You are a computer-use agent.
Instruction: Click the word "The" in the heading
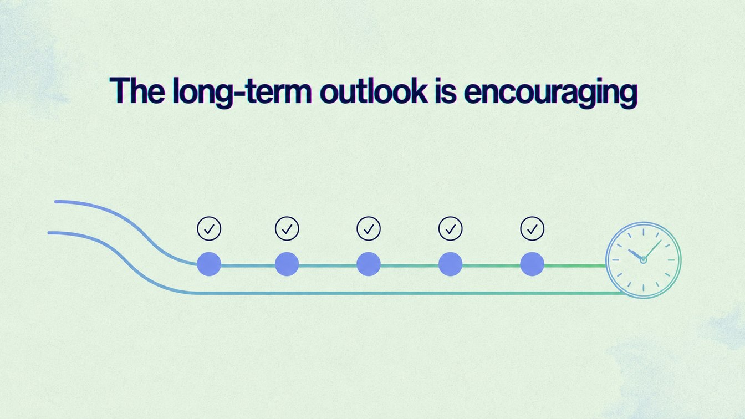(x=137, y=90)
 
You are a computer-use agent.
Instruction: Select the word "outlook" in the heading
(x=374, y=90)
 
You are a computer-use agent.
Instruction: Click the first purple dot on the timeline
(x=209, y=264)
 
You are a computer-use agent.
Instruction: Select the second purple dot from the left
(x=287, y=264)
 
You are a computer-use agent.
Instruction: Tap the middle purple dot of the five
(x=369, y=264)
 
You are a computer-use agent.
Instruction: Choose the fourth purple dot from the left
(x=450, y=264)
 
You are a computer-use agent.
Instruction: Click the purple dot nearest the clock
(x=532, y=264)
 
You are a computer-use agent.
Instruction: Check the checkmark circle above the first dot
(x=209, y=229)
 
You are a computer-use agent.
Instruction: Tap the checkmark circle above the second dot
(x=287, y=229)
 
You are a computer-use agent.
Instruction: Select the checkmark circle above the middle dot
(x=369, y=229)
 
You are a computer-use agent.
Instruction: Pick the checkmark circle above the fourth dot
(x=450, y=229)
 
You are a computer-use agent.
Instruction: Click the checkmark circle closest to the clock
(x=532, y=229)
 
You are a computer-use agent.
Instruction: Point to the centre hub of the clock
(x=644, y=260)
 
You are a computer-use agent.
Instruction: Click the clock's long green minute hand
(x=652, y=250)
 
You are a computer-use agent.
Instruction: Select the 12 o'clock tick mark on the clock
(x=644, y=232)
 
